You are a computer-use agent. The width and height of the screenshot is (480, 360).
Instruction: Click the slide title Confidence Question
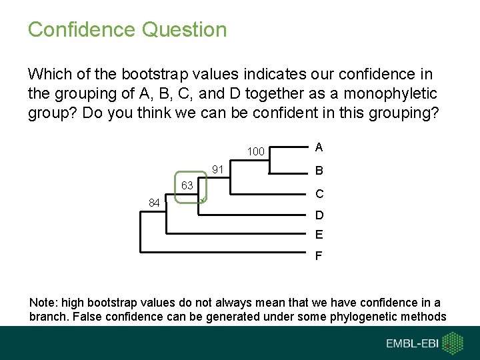[x=127, y=30]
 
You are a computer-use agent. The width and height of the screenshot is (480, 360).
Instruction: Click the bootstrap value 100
[x=256, y=152]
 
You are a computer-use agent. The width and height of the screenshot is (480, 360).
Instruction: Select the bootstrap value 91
[x=217, y=169]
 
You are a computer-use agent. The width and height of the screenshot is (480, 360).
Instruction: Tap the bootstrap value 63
[x=187, y=185]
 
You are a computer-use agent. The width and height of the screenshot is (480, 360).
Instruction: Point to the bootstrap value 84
[x=154, y=203]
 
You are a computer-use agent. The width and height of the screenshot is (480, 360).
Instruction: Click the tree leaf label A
[x=319, y=147]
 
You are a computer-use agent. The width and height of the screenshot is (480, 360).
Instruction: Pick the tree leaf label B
[x=319, y=171]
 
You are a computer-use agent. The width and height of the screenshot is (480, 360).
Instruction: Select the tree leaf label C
[x=319, y=194]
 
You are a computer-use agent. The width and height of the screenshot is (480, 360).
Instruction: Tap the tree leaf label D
[x=319, y=215]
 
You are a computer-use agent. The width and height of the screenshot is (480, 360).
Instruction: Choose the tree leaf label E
[x=319, y=234]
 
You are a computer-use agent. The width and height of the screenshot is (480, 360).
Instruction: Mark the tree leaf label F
[x=319, y=255]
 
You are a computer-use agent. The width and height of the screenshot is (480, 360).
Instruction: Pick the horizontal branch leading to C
[x=267, y=195]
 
